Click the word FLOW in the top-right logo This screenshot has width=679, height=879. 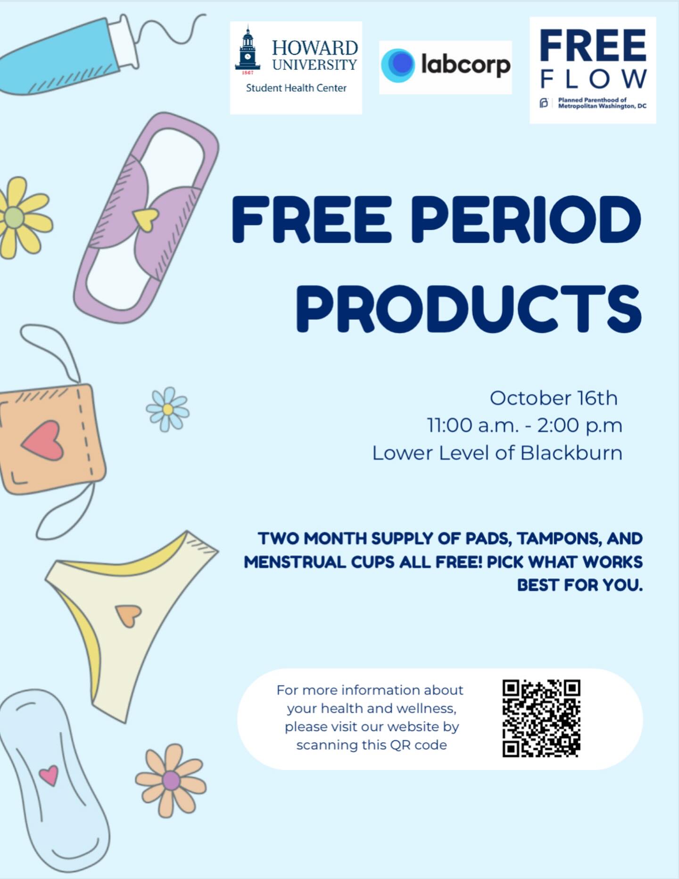click(593, 79)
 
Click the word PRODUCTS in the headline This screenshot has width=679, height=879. click(469, 308)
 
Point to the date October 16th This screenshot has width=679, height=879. click(553, 398)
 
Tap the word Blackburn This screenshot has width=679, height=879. click(571, 453)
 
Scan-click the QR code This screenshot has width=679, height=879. click(541, 718)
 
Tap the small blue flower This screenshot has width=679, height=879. click(167, 409)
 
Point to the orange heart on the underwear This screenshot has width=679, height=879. click(128, 614)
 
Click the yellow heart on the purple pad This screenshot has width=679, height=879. click(145, 219)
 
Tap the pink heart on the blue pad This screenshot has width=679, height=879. click(49, 774)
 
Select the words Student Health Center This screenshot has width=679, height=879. click(296, 88)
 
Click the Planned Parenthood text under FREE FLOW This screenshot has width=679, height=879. click(601, 103)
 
